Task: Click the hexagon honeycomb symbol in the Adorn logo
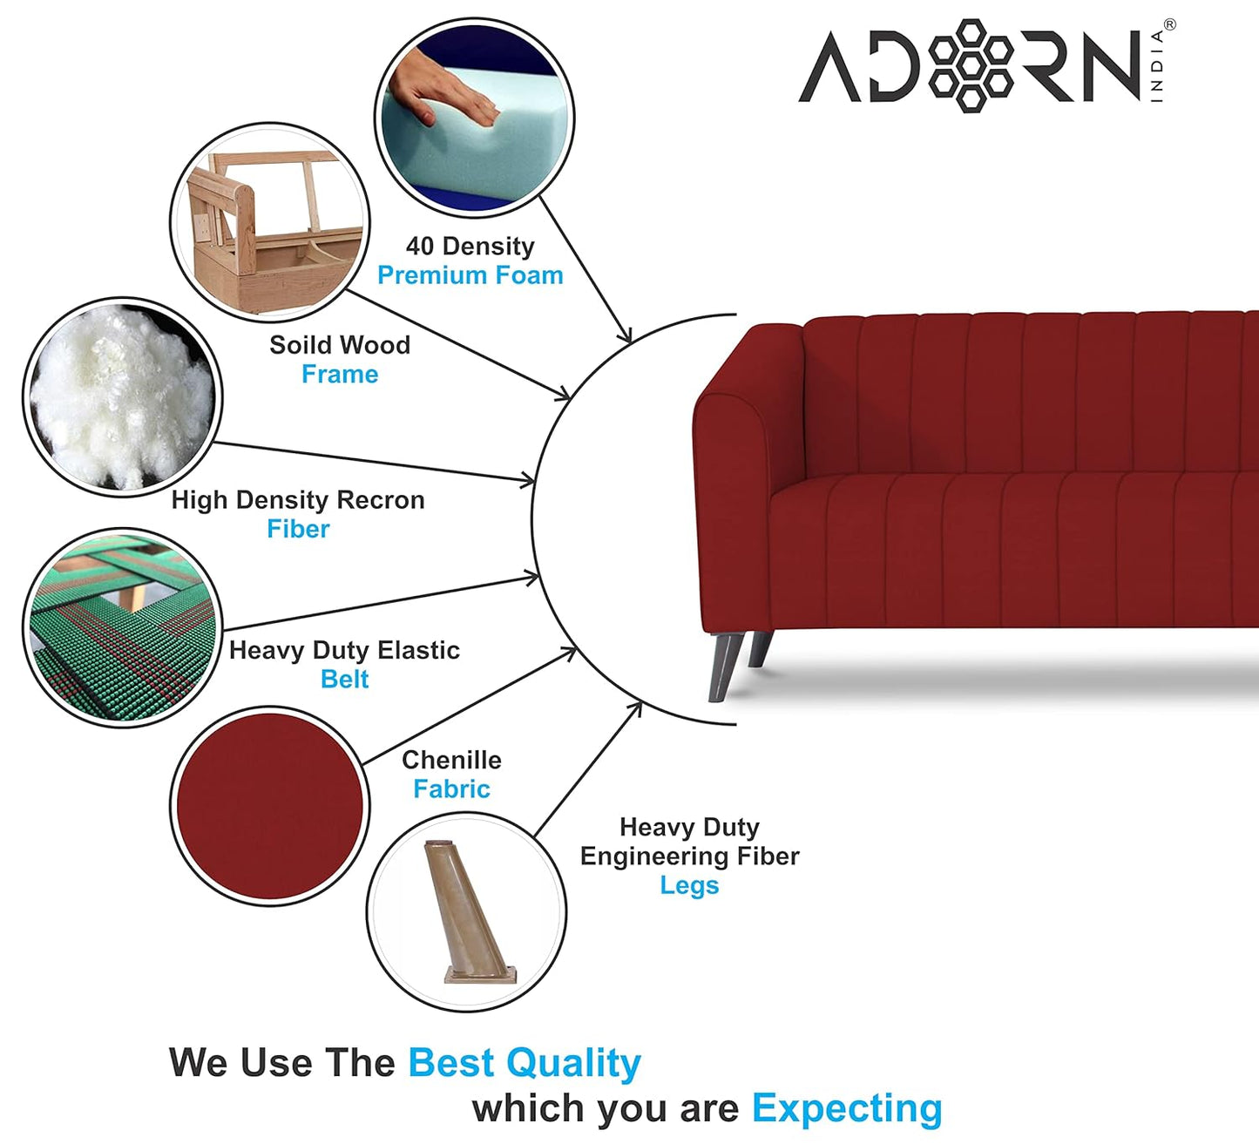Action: click(971, 65)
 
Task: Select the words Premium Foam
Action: click(470, 275)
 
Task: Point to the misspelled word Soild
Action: click(297, 345)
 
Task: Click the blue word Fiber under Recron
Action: click(298, 529)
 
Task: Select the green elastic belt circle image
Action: click(122, 627)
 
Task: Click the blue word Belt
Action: click(344, 679)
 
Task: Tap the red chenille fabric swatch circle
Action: click(269, 806)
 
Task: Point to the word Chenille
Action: click(451, 760)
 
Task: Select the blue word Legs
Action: click(688, 885)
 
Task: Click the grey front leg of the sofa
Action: click(724, 666)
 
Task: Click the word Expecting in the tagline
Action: click(846, 1108)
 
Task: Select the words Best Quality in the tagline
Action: click(524, 1063)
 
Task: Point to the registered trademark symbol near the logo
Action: click(1169, 25)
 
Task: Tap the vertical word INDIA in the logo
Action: click(1156, 66)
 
